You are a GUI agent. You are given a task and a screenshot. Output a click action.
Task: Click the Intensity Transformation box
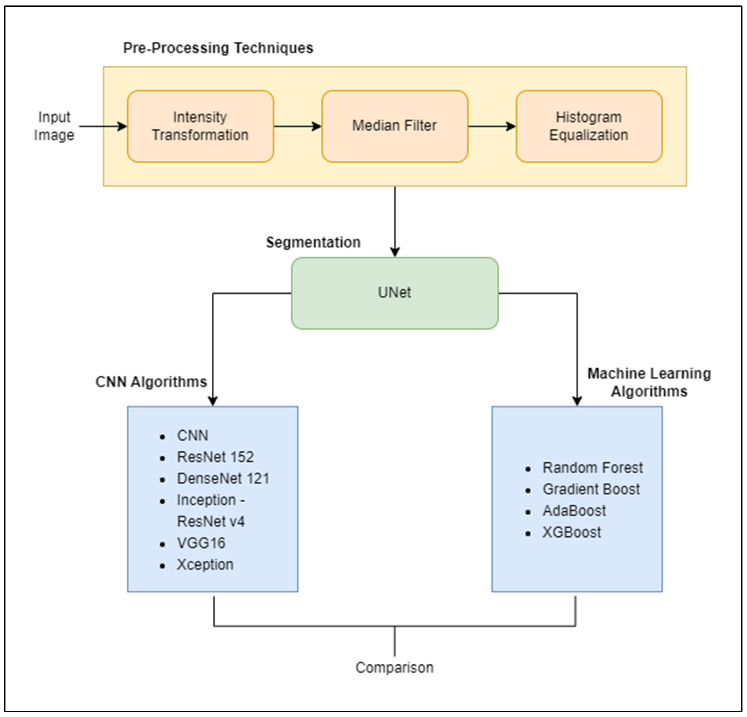coord(200,126)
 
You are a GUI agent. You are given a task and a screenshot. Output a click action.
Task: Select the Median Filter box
coord(394,126)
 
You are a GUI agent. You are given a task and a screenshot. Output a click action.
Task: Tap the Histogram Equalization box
coord(589,126)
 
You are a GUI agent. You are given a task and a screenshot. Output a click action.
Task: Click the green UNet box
coord(394,293)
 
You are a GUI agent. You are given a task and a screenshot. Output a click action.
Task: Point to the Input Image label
coord(54,126)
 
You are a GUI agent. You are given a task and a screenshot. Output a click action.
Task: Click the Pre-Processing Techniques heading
coord(218,48)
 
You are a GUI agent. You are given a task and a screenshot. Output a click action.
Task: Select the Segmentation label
coord(313,242)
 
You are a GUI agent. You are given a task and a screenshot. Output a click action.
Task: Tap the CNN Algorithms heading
coord(151,382)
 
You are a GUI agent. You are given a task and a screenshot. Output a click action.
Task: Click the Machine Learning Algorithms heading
coord(649,382)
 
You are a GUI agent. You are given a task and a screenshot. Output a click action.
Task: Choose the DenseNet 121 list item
coord(223,478)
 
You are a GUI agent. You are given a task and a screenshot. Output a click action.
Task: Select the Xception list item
coord(205,565)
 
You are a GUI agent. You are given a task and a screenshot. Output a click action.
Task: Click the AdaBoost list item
coord(574,511)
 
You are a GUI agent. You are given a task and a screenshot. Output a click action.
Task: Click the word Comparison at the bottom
coord(394,667)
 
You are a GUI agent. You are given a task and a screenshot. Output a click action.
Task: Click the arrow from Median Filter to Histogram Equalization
coord(492,126)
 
